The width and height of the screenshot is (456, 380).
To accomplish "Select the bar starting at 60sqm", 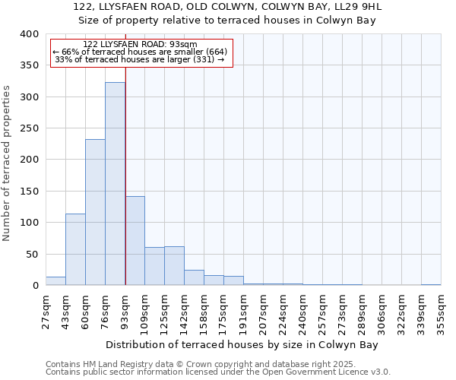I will coord(95,213).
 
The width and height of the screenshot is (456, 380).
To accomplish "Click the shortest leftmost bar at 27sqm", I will coord(55,281).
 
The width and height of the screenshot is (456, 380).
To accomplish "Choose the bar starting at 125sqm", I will coord(174,266).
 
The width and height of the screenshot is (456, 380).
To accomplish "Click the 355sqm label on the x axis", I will coord(441,308).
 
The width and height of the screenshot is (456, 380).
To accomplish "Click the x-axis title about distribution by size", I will coord(242,344).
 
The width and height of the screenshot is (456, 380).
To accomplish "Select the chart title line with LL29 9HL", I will coord(228,7).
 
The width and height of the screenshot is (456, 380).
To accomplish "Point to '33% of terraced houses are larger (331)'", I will coord(140,59).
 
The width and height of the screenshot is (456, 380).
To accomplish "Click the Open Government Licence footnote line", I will coord(217,372).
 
